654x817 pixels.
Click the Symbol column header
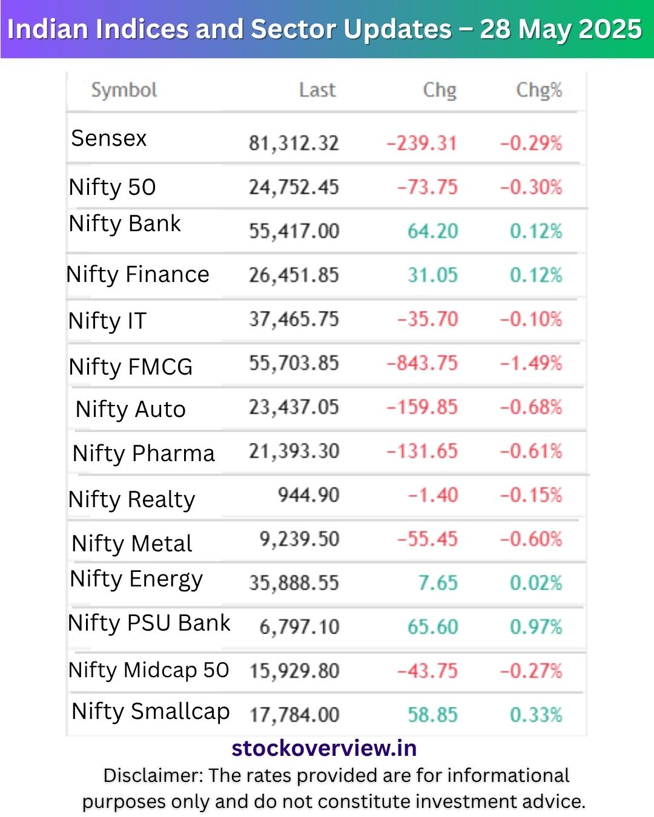pos(124,90)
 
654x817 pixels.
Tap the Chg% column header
pos(538,90)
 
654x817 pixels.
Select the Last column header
pos(317,90)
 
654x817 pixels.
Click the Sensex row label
pos(109,139)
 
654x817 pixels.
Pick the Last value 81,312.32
pos(294,143)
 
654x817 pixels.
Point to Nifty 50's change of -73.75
pos(427,187)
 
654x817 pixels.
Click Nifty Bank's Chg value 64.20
pos(432,231)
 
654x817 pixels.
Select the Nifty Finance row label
pos(138,275)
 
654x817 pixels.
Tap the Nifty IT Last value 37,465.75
pos(294,319)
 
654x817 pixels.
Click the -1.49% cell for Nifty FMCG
pos(531,363)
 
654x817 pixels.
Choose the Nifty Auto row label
pos(130,410)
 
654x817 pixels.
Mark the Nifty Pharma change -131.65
pos(422,451)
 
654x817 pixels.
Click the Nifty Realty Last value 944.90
pos(308,495)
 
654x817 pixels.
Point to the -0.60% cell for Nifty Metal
pos(531,539)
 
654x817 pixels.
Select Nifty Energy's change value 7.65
pos(438,583)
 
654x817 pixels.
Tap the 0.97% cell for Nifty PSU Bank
pos(536,627)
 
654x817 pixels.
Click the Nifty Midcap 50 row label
pos(149,670)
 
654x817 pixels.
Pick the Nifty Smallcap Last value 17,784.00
pos(294,715)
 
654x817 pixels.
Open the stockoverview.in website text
pos(324,749)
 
